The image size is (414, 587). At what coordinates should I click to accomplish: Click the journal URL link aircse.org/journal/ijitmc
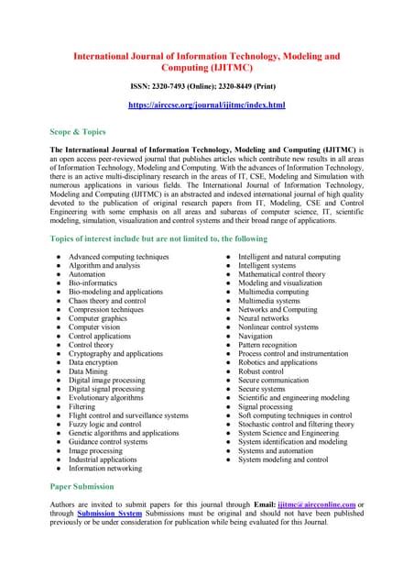[206, 105]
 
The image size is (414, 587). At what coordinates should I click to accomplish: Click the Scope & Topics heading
[77, 131]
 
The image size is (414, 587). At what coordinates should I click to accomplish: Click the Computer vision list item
[93, 327]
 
